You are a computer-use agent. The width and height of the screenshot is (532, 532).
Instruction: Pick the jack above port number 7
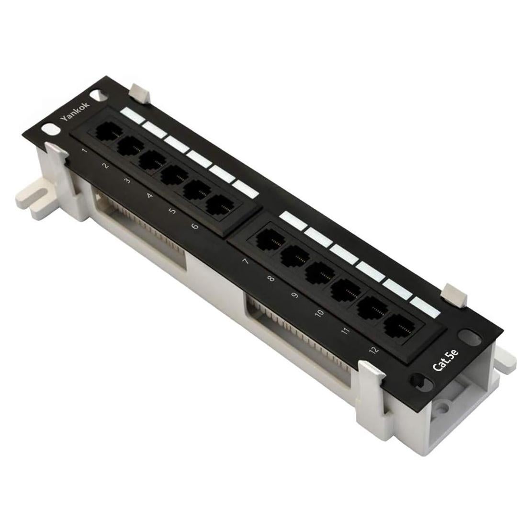pyautogui.click(x=268, y=240)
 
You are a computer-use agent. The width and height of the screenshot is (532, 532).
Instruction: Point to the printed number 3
pyautogui.click(x=127, y=181)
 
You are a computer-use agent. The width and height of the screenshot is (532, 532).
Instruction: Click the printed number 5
pyautogui.click(x=172, y=211)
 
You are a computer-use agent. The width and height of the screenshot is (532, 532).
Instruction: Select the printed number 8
pyautogui.click(x=272, y=278)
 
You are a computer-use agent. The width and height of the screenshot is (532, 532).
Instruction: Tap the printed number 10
pyautogui.click(x=319, y=314)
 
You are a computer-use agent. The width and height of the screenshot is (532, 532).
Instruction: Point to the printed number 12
pyautogui.click(x=374, y=350)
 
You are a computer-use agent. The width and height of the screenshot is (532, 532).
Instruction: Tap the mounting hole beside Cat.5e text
pyautogui.click(x=465, y=337)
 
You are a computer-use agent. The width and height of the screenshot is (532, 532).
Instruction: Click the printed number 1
pyautogui.click(x=84, y=151)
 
